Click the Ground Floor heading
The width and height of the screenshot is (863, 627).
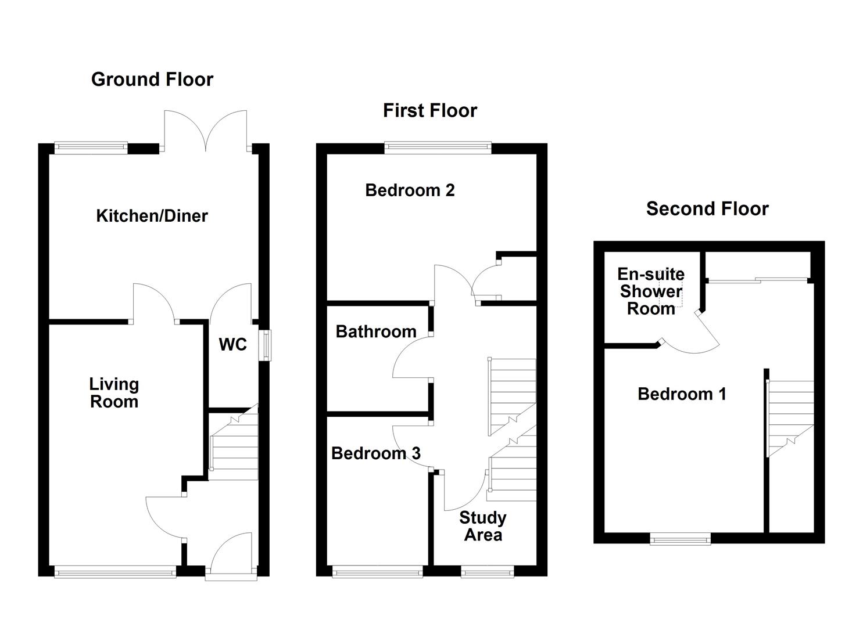[152, 80]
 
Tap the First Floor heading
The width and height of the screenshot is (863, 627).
[429, 110]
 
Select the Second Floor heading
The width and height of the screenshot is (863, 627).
[707, 209]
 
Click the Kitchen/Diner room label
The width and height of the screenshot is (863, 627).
[152, 216]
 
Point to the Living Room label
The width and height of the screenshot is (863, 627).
[114, 393]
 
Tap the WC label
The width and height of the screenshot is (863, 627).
[232, 345]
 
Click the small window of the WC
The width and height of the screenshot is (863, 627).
[265, 345]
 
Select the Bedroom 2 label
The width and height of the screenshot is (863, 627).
[410, 190]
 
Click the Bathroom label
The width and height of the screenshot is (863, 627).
[376, 331]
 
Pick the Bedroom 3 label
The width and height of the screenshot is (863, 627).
[375, 453]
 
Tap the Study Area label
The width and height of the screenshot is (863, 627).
[482, 526]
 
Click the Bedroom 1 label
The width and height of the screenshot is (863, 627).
[682, 394]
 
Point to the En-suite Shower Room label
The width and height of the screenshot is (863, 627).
[651, 291]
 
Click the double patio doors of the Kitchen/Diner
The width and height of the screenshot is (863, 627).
[206, 131]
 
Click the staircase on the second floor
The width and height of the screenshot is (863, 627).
[791, 418]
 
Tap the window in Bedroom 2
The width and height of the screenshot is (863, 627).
[438, 148]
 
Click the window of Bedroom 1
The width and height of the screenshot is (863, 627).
[680, 539]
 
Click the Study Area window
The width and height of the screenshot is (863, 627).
[488, 572]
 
